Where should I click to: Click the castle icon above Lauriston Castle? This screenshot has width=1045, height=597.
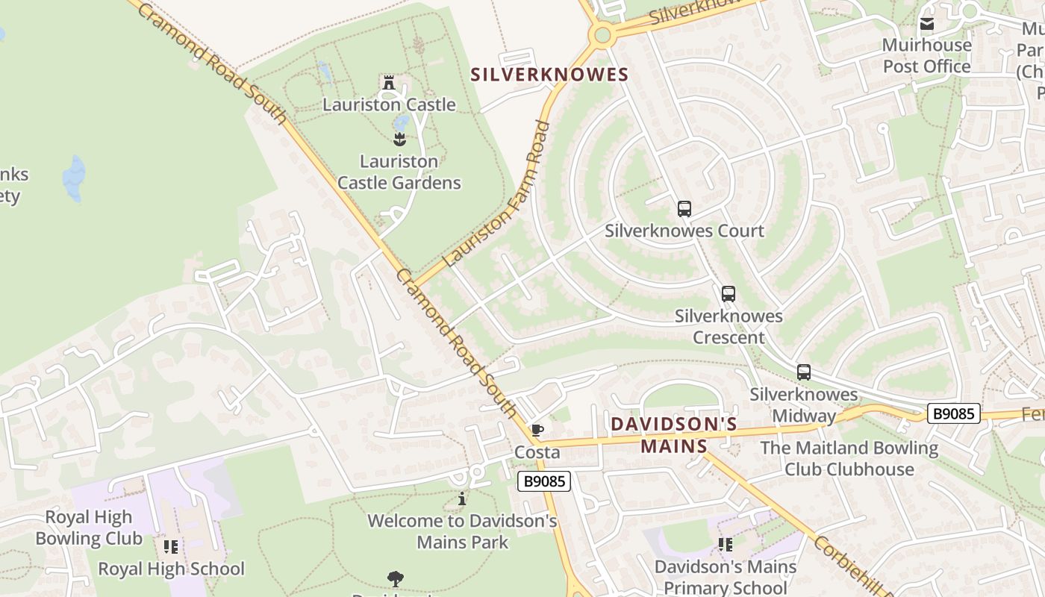[388, 82]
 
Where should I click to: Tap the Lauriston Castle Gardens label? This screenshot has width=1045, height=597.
[399, 172]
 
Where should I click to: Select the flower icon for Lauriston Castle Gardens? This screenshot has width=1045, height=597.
[399, 138]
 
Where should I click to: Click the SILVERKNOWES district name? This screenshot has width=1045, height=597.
[549, 75]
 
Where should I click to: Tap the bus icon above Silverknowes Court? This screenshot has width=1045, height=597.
[684, 208]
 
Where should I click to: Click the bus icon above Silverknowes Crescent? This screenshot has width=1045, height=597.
[729, 293]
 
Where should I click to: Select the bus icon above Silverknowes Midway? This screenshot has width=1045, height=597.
[804, 372]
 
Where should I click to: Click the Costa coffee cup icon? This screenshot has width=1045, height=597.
[537, 430]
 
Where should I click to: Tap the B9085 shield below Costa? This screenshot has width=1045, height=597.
[544, 481]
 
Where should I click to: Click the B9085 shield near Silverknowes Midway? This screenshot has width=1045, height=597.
[953, 413]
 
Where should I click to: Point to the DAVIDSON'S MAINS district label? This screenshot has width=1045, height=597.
[674, 435]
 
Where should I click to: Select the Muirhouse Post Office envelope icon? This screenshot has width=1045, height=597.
[927, 24]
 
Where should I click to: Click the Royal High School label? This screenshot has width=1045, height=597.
[172, 569]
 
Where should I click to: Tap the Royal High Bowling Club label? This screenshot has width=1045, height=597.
[89, 528]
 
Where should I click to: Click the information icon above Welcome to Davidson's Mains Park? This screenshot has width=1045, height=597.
[462, 498]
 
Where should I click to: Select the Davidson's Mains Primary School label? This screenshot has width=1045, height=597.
[726, 577]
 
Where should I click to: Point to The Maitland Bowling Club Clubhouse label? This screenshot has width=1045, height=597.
[849, 458]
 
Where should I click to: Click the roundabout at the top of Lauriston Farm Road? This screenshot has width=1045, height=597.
[602, 34]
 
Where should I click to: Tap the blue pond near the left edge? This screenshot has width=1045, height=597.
[74, 178]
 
